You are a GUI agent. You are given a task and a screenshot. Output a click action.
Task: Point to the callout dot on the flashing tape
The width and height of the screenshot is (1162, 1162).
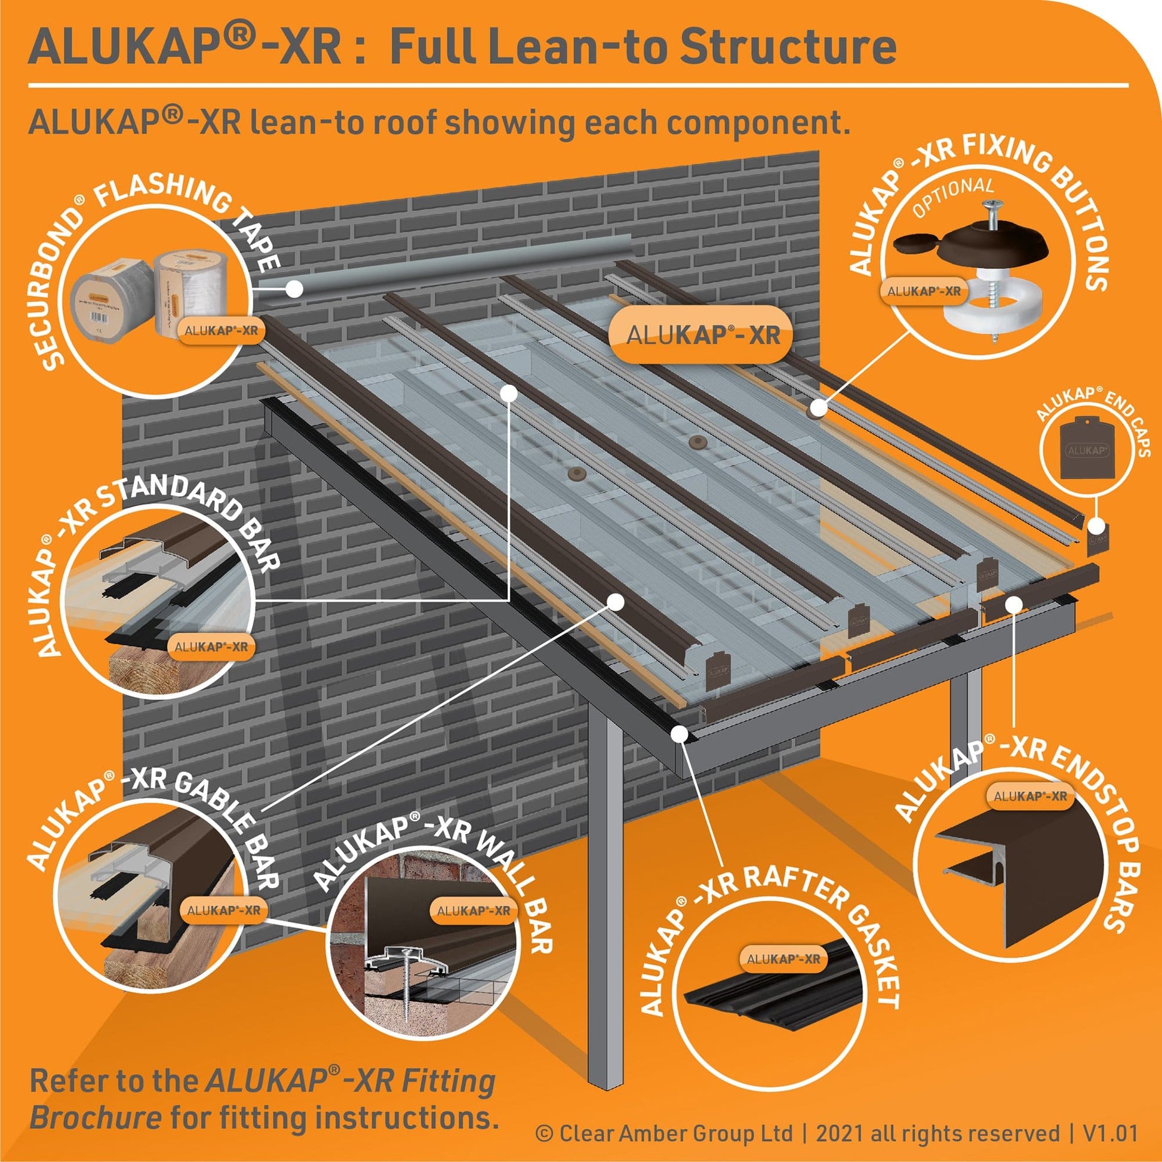[294, 288]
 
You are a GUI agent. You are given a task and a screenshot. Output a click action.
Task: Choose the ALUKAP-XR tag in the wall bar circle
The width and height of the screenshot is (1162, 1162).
[474, 911]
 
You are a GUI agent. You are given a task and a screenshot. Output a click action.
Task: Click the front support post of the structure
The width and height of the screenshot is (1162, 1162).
[604, 902]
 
